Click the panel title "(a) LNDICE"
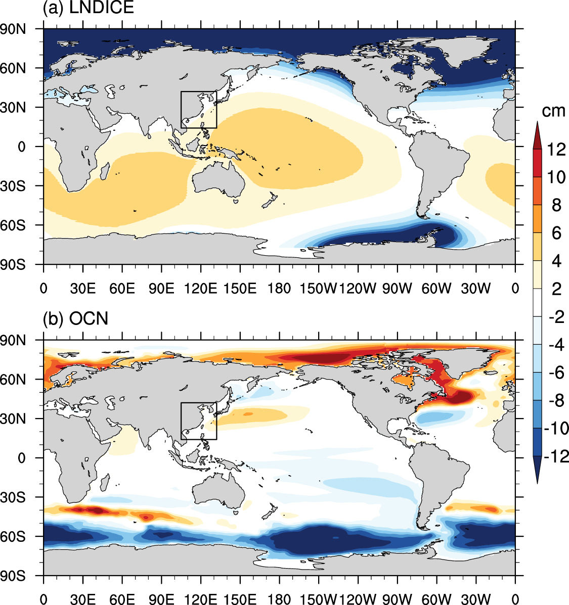coord(89,8)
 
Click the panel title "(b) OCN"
coord(75,319)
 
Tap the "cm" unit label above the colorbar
coord(553,111)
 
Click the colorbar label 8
coord(556,205)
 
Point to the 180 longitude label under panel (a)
coord(279,289)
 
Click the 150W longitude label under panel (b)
coord(318,600)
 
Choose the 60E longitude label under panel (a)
coord(122,289)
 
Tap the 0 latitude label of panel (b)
coord(22,458)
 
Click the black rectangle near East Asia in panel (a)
coord(199,92)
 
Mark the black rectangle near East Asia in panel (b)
coord(199,403)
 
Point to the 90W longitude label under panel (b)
coord(397,600)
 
